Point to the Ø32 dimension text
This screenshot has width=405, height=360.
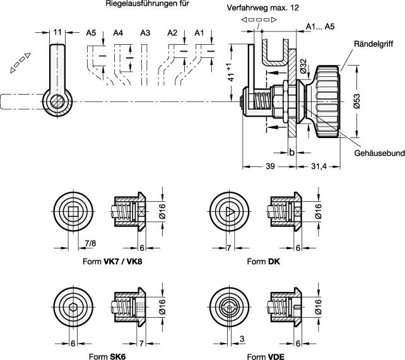[x=303, y=64]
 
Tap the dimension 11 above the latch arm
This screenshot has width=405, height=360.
[x=57, y=32]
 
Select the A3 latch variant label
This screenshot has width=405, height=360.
[x=145, y=33]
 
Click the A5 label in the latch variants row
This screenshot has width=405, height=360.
[x=91, y=33]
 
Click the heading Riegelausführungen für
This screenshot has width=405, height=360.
[x=147, y=4]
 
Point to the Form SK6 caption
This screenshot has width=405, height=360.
[x=105, y=356]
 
